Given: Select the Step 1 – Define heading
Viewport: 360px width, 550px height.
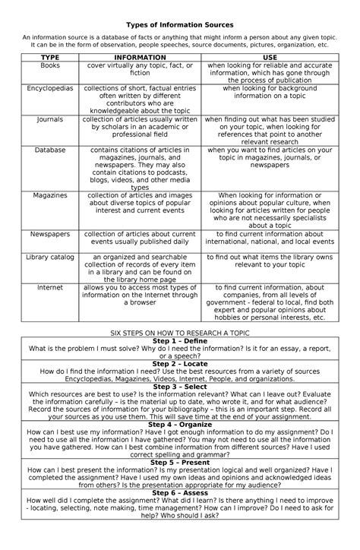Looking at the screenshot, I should coord(180,341).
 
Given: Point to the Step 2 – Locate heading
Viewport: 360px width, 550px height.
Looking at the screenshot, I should coord(180,365).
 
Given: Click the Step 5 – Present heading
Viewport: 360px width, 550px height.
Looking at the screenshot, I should coord(180,463).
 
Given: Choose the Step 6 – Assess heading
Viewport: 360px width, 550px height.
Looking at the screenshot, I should coord(180,493).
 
